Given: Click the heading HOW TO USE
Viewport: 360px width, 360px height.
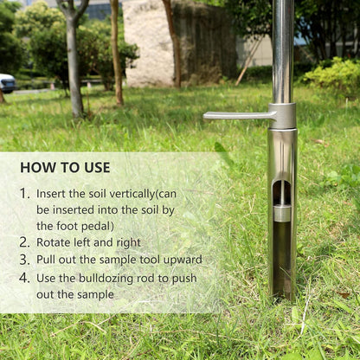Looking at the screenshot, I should pyautogui.click(x=65, y=167).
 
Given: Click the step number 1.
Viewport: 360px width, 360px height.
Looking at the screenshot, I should pyautogui.click(x=24, y=194).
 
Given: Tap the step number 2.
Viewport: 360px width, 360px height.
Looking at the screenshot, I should pyautogui.click(x=24, y=242).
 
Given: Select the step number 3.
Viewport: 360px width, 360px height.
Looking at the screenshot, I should pyautogui.click(x=24, y=260).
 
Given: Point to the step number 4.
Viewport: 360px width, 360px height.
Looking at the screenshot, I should pyautogui.click(x=24, y=278).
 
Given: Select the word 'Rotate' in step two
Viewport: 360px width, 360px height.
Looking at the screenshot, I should pyautogui.click(x=55, y=242).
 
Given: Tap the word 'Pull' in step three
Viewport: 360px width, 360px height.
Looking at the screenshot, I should pyautogui.click(x=47, y=260).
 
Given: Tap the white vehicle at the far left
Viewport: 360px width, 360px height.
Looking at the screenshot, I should pyautogui.click(x=6, y=83).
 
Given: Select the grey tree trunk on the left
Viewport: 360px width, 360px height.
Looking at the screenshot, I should pyautogui.click(x=74, y=69).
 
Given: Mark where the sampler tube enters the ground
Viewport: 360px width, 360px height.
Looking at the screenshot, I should pyautogui.click(x=283, y=297).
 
